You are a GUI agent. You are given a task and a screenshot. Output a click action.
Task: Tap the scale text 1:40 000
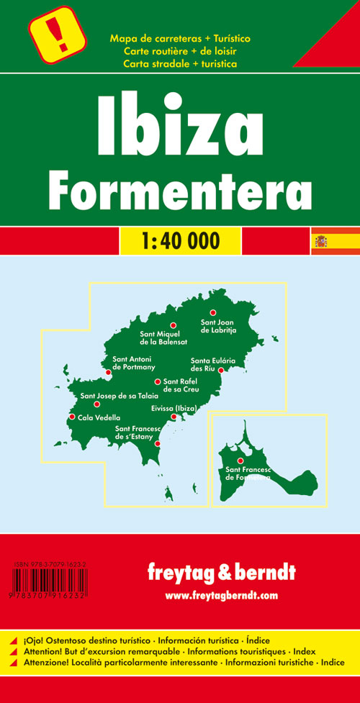[x=179, y=241]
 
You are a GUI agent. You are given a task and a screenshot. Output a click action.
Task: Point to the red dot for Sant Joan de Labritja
[x=212, y=312]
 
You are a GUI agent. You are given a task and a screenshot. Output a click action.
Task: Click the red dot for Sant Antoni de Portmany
[x=108, y=372]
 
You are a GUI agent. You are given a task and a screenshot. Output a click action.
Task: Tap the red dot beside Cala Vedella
[x=72, y=417]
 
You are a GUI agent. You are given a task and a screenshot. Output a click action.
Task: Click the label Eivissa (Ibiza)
[x=174, y=408]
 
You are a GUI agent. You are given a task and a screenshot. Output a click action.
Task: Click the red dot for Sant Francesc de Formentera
[x=240, y=461]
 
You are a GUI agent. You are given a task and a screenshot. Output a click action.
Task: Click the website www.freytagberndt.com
[x=220, y=595]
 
